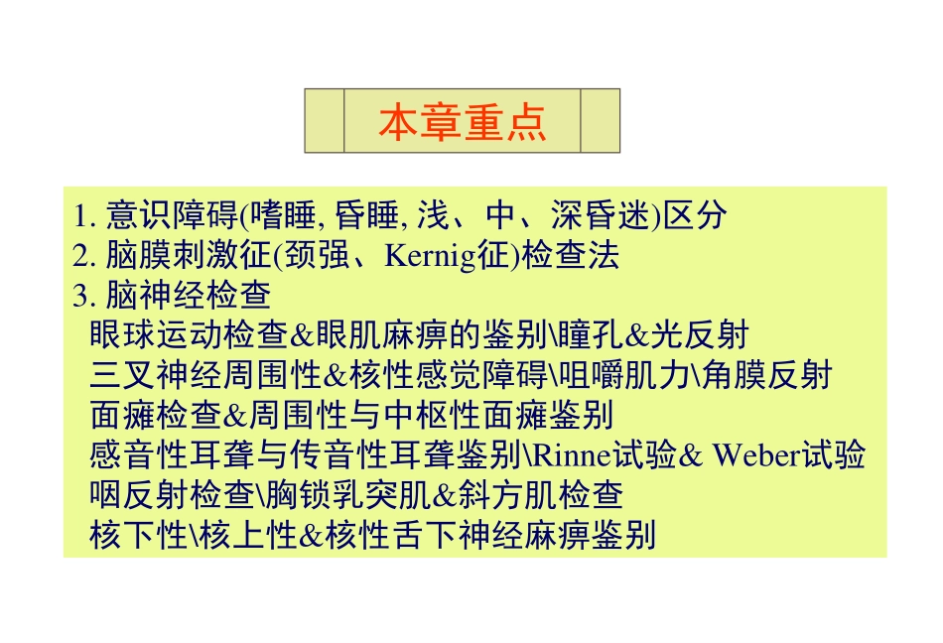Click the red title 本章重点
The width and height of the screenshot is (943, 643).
tap(462, 121)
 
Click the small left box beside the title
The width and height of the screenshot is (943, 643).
tap(325, 121)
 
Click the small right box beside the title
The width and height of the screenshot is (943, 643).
tap(600, 121)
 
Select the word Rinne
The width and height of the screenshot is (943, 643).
tap(566, 456)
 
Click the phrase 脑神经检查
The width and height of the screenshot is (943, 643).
tap(188, 296)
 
